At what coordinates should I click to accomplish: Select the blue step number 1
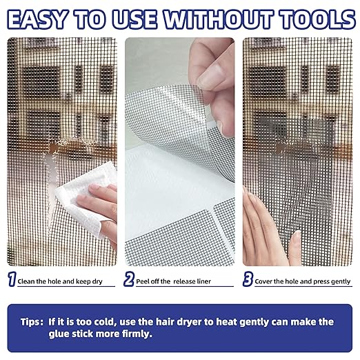(11, 280)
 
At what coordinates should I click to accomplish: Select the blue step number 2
(128, 280)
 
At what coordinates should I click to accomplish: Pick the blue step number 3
(247, 280)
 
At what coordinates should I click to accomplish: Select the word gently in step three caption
(337, 281)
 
